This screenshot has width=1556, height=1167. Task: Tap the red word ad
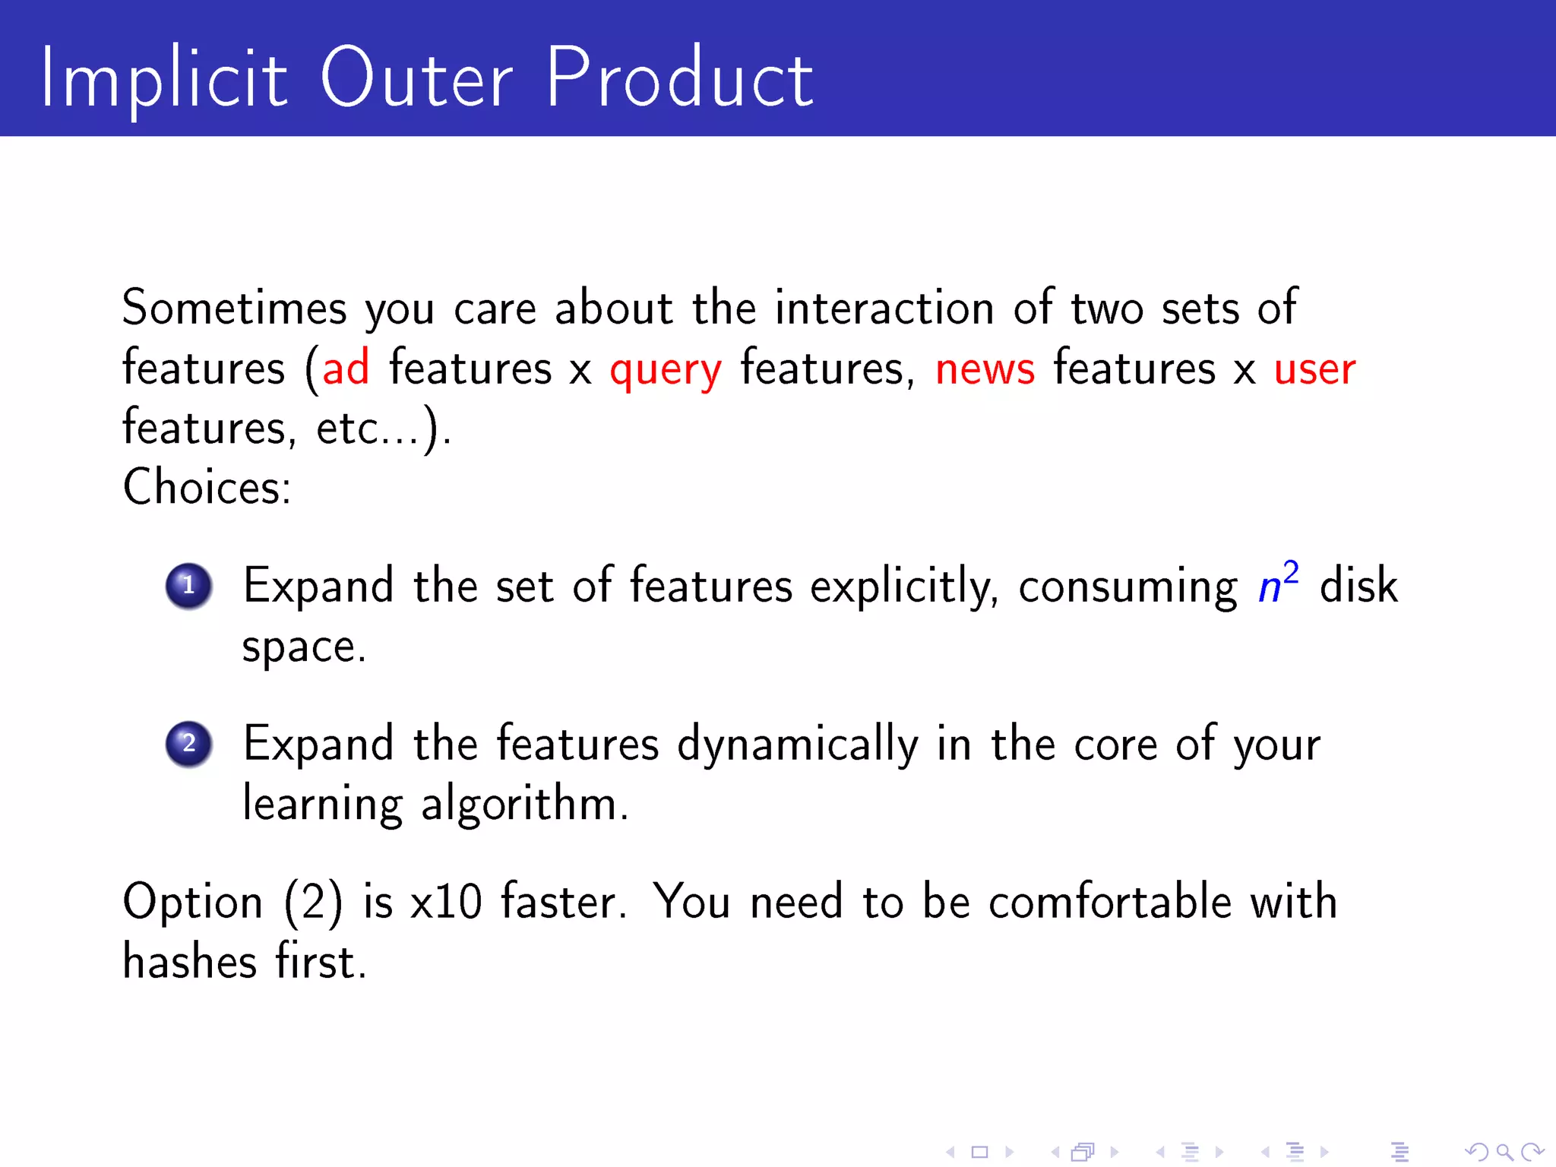346,368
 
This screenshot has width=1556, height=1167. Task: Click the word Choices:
207,487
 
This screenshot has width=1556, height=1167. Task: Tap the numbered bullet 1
188,586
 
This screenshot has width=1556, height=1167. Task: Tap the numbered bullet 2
188,744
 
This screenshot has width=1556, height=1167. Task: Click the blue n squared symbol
1278,583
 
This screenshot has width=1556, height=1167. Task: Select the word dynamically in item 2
798,745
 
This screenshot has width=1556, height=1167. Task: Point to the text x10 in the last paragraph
446,903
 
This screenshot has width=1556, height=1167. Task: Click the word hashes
190,962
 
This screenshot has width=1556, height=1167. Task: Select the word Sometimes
234,308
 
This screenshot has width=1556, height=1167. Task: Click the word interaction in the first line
884,308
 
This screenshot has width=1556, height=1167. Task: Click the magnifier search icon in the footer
1504,1153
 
